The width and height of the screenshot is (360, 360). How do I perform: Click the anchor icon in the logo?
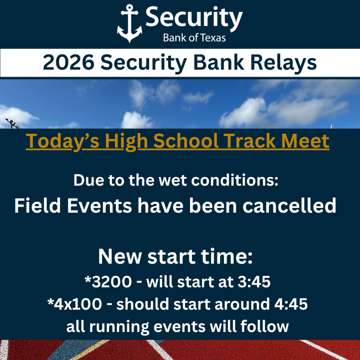[x=129, y=24]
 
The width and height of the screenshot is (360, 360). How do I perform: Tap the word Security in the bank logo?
[x=194, y=19]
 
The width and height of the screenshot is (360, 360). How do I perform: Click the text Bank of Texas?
[x=194, y=38]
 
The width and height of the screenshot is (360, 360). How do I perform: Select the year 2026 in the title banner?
[x=68, y=63]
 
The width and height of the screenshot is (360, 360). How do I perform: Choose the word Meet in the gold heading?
[x=305, y=141]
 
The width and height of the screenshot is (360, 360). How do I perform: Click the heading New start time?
[x=175, y=257]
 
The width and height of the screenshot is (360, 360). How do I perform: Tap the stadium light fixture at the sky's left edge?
[x=12, y=123]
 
